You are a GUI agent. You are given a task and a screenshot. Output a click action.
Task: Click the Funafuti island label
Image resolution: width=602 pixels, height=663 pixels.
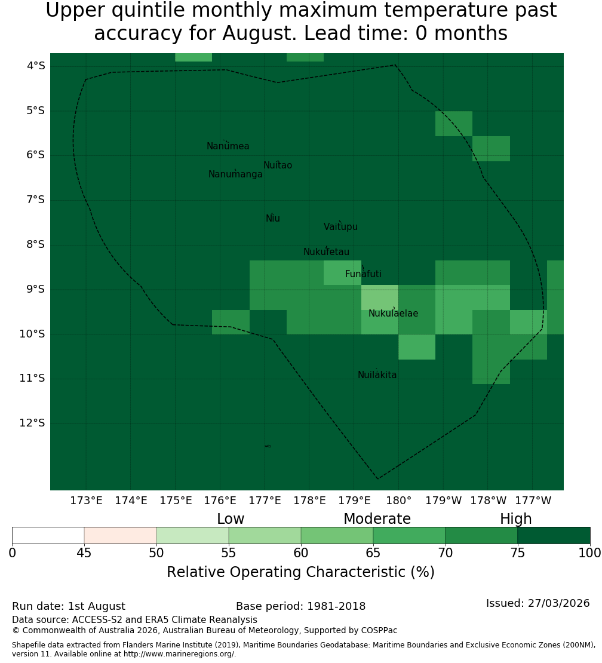tap(363, 274)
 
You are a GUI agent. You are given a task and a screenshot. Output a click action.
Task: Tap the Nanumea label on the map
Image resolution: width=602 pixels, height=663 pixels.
tap(228, 146)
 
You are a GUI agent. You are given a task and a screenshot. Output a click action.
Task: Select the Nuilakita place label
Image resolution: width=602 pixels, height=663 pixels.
tap(377, 375)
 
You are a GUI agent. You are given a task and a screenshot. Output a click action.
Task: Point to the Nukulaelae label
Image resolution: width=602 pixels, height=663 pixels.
tap(393, 314)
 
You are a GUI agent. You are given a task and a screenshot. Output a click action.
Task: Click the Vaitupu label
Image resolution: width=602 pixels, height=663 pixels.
tap(341, 227)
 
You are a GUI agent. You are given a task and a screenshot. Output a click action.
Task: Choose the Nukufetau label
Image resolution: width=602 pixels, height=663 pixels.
tap(326, 252)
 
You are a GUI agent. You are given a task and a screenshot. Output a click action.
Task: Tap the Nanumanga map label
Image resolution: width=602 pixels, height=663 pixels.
tap(235, 174)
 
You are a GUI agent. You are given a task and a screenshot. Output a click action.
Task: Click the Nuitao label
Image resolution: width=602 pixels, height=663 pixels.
tap(278, 165)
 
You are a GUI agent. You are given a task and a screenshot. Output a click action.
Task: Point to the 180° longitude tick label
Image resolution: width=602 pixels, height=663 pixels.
tap(399, 501)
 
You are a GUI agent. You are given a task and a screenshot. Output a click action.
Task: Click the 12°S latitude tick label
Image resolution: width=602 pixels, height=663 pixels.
tap(32, 423)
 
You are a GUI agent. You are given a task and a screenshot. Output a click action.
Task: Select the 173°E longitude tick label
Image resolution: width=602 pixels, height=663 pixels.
tap(86, 501)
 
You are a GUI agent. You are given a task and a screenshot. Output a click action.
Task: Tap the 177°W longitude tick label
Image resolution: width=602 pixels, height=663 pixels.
tap(533, 501)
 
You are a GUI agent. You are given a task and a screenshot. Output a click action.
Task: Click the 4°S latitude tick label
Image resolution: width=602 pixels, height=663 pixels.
tap(35, 66)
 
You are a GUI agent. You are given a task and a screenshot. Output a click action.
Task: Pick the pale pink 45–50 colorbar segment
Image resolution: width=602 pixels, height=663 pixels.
tap(121, 535)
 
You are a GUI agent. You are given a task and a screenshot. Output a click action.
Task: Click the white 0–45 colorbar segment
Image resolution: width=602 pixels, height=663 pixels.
tap(48, 535)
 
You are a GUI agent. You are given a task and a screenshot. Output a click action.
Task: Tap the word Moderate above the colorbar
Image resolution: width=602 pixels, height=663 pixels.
tap(377, 519)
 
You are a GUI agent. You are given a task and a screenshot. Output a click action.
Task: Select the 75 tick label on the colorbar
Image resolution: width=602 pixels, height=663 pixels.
tap(517, 553)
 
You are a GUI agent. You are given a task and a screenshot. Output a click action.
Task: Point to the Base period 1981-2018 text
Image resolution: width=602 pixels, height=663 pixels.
tap(300, 606)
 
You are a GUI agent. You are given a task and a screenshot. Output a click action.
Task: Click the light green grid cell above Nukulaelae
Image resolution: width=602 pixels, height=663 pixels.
tap(380, 297)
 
